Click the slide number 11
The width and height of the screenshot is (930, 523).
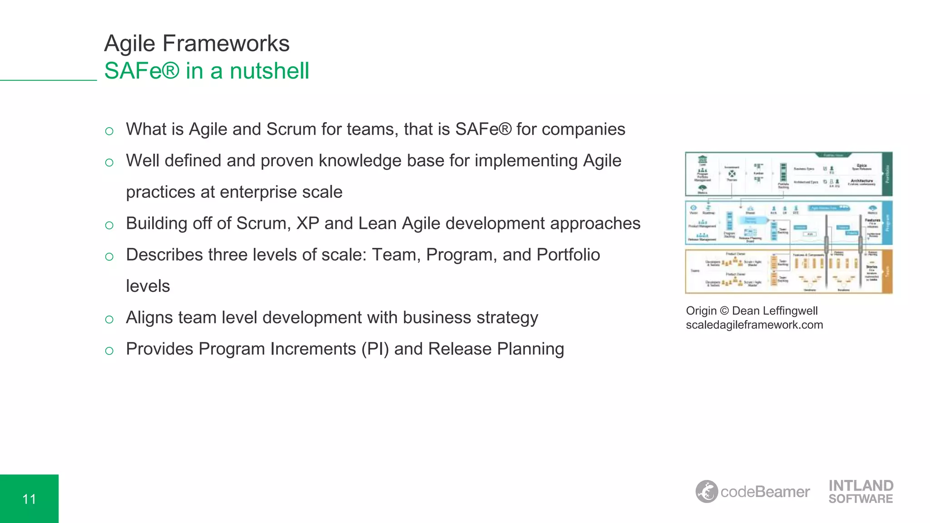(29, 499)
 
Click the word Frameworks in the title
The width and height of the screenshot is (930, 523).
(226, 44)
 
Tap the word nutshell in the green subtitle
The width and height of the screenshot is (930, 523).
(269, 71)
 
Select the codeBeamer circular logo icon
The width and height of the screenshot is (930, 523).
(707, 492)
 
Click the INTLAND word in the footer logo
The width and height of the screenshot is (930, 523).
(861, 486)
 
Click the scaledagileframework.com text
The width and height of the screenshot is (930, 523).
(754, 325)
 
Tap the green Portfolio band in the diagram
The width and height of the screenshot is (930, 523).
(887, 174)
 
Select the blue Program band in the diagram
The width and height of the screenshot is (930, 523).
(887, 223)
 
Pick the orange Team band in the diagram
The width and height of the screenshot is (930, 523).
(887, 271)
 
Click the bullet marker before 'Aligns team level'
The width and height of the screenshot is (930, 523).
(109, 320)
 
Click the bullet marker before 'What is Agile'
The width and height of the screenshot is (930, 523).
(109, 132)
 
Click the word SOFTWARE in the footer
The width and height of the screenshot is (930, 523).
(861, 499)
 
